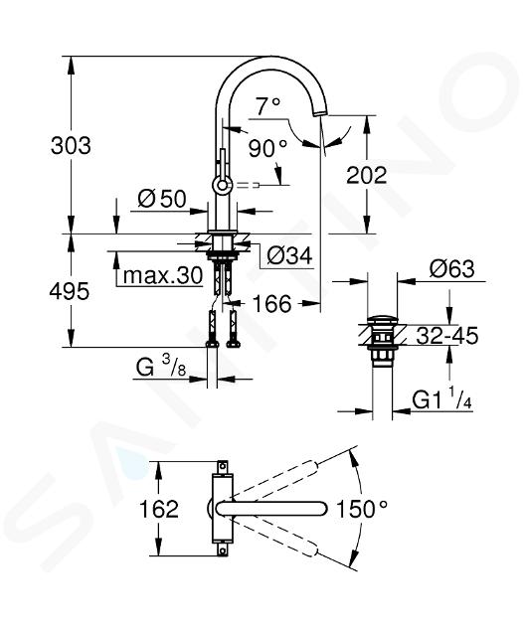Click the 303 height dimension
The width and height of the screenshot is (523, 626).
coord(71,145)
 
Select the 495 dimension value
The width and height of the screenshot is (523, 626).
coord(70,292)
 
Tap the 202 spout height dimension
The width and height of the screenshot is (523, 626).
coord(367,175)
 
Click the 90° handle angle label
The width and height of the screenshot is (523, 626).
coord(267,148)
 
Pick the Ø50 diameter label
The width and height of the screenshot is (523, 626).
coord(162,199)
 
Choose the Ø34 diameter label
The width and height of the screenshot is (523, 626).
coord(289,255)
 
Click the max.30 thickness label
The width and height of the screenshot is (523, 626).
coord(163,275)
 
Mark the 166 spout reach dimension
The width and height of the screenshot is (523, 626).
coord(272,304)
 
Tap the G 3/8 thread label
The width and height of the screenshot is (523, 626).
coord(161,368)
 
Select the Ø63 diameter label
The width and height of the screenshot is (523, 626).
coord(451,268)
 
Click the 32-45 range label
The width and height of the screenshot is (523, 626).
coord(447,336)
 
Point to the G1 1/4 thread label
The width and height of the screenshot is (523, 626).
coord(441,400)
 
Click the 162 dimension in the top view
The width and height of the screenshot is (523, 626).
coord(159,509)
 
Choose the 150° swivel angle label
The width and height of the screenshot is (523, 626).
coord(362,509)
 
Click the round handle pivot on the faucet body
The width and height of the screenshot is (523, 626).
coord(222,185)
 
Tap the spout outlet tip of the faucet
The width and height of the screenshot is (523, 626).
coord(320,113)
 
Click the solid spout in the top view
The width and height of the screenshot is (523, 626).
coord(272,508)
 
